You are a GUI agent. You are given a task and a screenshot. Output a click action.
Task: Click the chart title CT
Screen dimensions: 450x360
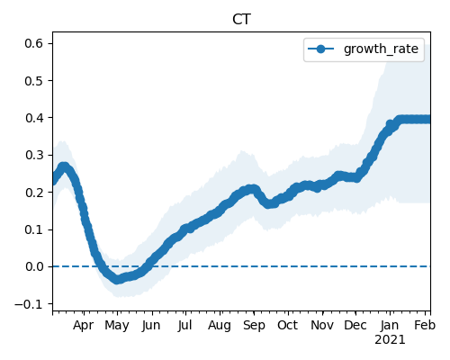click(x=241, y=20)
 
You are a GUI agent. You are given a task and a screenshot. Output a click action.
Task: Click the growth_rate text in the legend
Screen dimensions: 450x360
click(x=381, y=49)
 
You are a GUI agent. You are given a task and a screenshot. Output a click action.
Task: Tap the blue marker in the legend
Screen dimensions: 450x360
click(x=320, y=49)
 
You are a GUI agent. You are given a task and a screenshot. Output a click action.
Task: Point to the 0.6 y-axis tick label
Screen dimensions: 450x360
click(x=33, y=43)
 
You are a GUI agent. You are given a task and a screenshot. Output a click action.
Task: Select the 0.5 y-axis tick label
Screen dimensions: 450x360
click(x=33, y=81)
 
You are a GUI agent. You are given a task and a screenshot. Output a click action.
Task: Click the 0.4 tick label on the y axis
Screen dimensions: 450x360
click(x=33, y=118)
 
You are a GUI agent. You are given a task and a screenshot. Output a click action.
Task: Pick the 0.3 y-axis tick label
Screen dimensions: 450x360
click(x=33, y=155)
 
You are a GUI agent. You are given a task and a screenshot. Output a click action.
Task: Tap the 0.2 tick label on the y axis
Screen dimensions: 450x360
click(x=33, y=193)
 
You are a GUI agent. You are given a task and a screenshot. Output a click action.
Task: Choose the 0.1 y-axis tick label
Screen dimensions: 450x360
click(x=33, y=229)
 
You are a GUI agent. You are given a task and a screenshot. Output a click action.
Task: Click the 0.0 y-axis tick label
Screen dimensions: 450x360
click(x=33, y=266)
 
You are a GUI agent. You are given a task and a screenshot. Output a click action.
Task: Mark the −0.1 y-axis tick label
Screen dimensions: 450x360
click(x=29, y=304)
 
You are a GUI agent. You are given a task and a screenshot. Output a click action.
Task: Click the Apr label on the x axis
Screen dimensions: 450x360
click(x=83, y=326)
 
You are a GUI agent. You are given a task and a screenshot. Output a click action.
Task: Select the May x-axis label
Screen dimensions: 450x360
click(x=117, y=326)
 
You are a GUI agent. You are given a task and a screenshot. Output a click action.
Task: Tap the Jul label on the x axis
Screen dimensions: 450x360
click(x=184, y=326)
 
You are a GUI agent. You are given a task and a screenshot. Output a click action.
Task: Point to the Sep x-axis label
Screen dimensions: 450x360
click(x=254, y=326)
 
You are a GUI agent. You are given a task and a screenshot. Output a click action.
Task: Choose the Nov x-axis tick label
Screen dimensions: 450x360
click(x=322, y=326)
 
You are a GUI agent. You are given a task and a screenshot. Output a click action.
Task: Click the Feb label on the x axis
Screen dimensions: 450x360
click(x=425, y=326)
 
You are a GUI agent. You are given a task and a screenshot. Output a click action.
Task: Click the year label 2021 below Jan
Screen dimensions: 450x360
click(x=390, y=340)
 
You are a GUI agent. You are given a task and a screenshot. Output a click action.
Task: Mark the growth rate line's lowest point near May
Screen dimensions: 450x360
click(x=117, y=280)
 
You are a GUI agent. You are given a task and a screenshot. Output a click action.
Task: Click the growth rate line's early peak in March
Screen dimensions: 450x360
click(x=63, y=166)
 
